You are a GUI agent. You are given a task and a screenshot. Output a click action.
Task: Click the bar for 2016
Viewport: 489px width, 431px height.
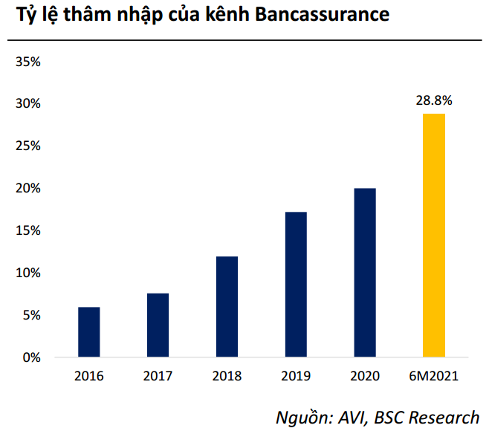point(88,332)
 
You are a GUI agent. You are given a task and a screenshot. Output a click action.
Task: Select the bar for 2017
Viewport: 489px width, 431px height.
point(158,325)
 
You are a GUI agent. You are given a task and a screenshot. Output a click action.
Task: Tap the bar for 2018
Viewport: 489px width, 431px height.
point(227,307)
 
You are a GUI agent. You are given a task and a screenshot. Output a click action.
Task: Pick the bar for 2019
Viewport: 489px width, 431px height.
point(296,285)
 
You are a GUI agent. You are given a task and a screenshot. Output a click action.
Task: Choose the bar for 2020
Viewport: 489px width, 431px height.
point(365,273)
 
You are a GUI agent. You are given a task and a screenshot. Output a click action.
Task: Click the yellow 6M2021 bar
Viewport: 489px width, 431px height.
point(434,236)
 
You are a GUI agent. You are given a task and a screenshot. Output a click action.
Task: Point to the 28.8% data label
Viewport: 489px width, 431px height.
point(434,100)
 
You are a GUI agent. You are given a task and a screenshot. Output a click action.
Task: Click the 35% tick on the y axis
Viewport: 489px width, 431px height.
point(27,62)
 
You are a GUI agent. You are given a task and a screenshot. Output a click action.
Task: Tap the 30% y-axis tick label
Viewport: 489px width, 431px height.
point(27,104)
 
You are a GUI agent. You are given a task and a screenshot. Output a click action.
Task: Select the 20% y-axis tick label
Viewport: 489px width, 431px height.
point(27,189)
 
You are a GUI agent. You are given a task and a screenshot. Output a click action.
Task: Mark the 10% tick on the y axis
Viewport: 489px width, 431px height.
point(27,273)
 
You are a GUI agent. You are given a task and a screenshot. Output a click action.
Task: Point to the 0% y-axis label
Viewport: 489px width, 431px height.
point(30,358)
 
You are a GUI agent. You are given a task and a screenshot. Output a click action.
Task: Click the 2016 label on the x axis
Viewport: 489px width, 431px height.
point(88,376)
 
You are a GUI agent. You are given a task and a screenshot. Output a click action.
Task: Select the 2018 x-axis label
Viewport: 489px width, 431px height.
point(227,376)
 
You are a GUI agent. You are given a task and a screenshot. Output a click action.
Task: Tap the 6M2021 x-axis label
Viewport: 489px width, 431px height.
point(434,376)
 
